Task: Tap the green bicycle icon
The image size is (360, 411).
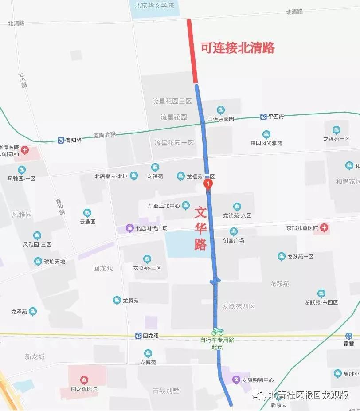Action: pyautogui.click(x=217, y=331)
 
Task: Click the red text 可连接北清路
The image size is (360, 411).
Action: pyautogui.click(x=238, y=48)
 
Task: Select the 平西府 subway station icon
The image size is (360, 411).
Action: pyautogui.click(x=264, y=117)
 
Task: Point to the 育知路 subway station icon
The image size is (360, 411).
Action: pyautogui.click(x=61, y=140)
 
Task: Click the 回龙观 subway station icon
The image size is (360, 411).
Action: pyautogui.click(x=139, y=336)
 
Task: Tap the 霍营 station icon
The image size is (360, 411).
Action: pyautogui.click(x=349, y=336)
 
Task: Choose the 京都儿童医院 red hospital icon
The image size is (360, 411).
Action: pyautogui.click(x=325, y=228)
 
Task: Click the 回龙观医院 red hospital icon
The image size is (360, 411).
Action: pyautogui.click(x=84, y=380)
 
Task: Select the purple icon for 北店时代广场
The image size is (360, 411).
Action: pyautogui.click(x=130, y=228)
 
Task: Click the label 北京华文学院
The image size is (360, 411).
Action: pyautogui.click(x=154, y=6)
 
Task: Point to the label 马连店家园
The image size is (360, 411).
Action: pyautogui.click(x=221, y=119)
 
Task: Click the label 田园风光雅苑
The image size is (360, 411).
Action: pyautogui.click(x=266, y=143)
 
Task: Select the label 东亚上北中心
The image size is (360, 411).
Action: pyautogui.click(x=164, y=206)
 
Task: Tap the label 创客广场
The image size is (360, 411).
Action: pyautogui.click(x=233, y=240)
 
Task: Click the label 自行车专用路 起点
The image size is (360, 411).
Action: pyautogui.click(x=217, y=343)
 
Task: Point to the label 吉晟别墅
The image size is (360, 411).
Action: pyautogui.click(x=166, y=391)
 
